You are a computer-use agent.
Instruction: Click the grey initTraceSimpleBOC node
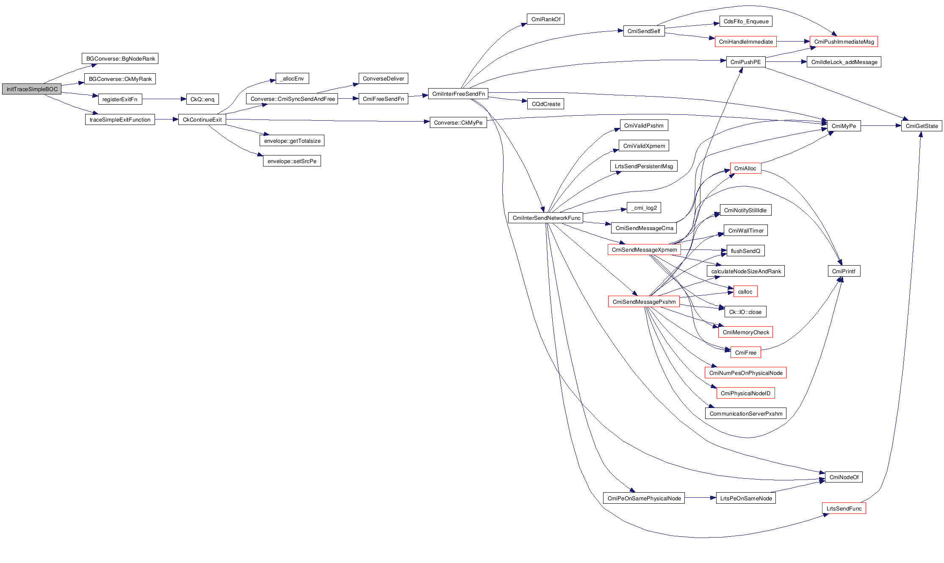click(32, 89)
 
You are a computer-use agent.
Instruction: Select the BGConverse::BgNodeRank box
click(120, 58)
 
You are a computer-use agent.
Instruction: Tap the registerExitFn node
click(120, 99)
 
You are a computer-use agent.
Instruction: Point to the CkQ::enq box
click(202, 99)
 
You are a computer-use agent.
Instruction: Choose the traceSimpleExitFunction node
click(120, 119)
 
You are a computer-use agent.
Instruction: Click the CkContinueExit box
click(202, 119)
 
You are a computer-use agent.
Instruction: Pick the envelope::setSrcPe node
click(292, 161)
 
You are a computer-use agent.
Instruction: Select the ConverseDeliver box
click(383, 78)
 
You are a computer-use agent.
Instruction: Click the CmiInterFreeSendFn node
click(458, 94)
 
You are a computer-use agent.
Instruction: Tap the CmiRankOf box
click(545, 19)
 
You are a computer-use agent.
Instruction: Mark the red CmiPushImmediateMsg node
click(844, 42)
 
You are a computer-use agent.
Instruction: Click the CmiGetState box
click(922, 126)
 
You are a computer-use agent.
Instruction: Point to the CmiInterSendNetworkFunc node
click(546, 218)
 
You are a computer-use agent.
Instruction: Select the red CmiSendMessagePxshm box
click(644, 302)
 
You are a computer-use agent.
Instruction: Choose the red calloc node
click(745, 291)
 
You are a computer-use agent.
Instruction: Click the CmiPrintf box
click(844, 271)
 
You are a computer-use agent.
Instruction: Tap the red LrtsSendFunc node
click(844, 508)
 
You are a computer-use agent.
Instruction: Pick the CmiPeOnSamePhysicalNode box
click(644, 498)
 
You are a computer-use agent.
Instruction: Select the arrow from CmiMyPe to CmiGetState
click(881, 126)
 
